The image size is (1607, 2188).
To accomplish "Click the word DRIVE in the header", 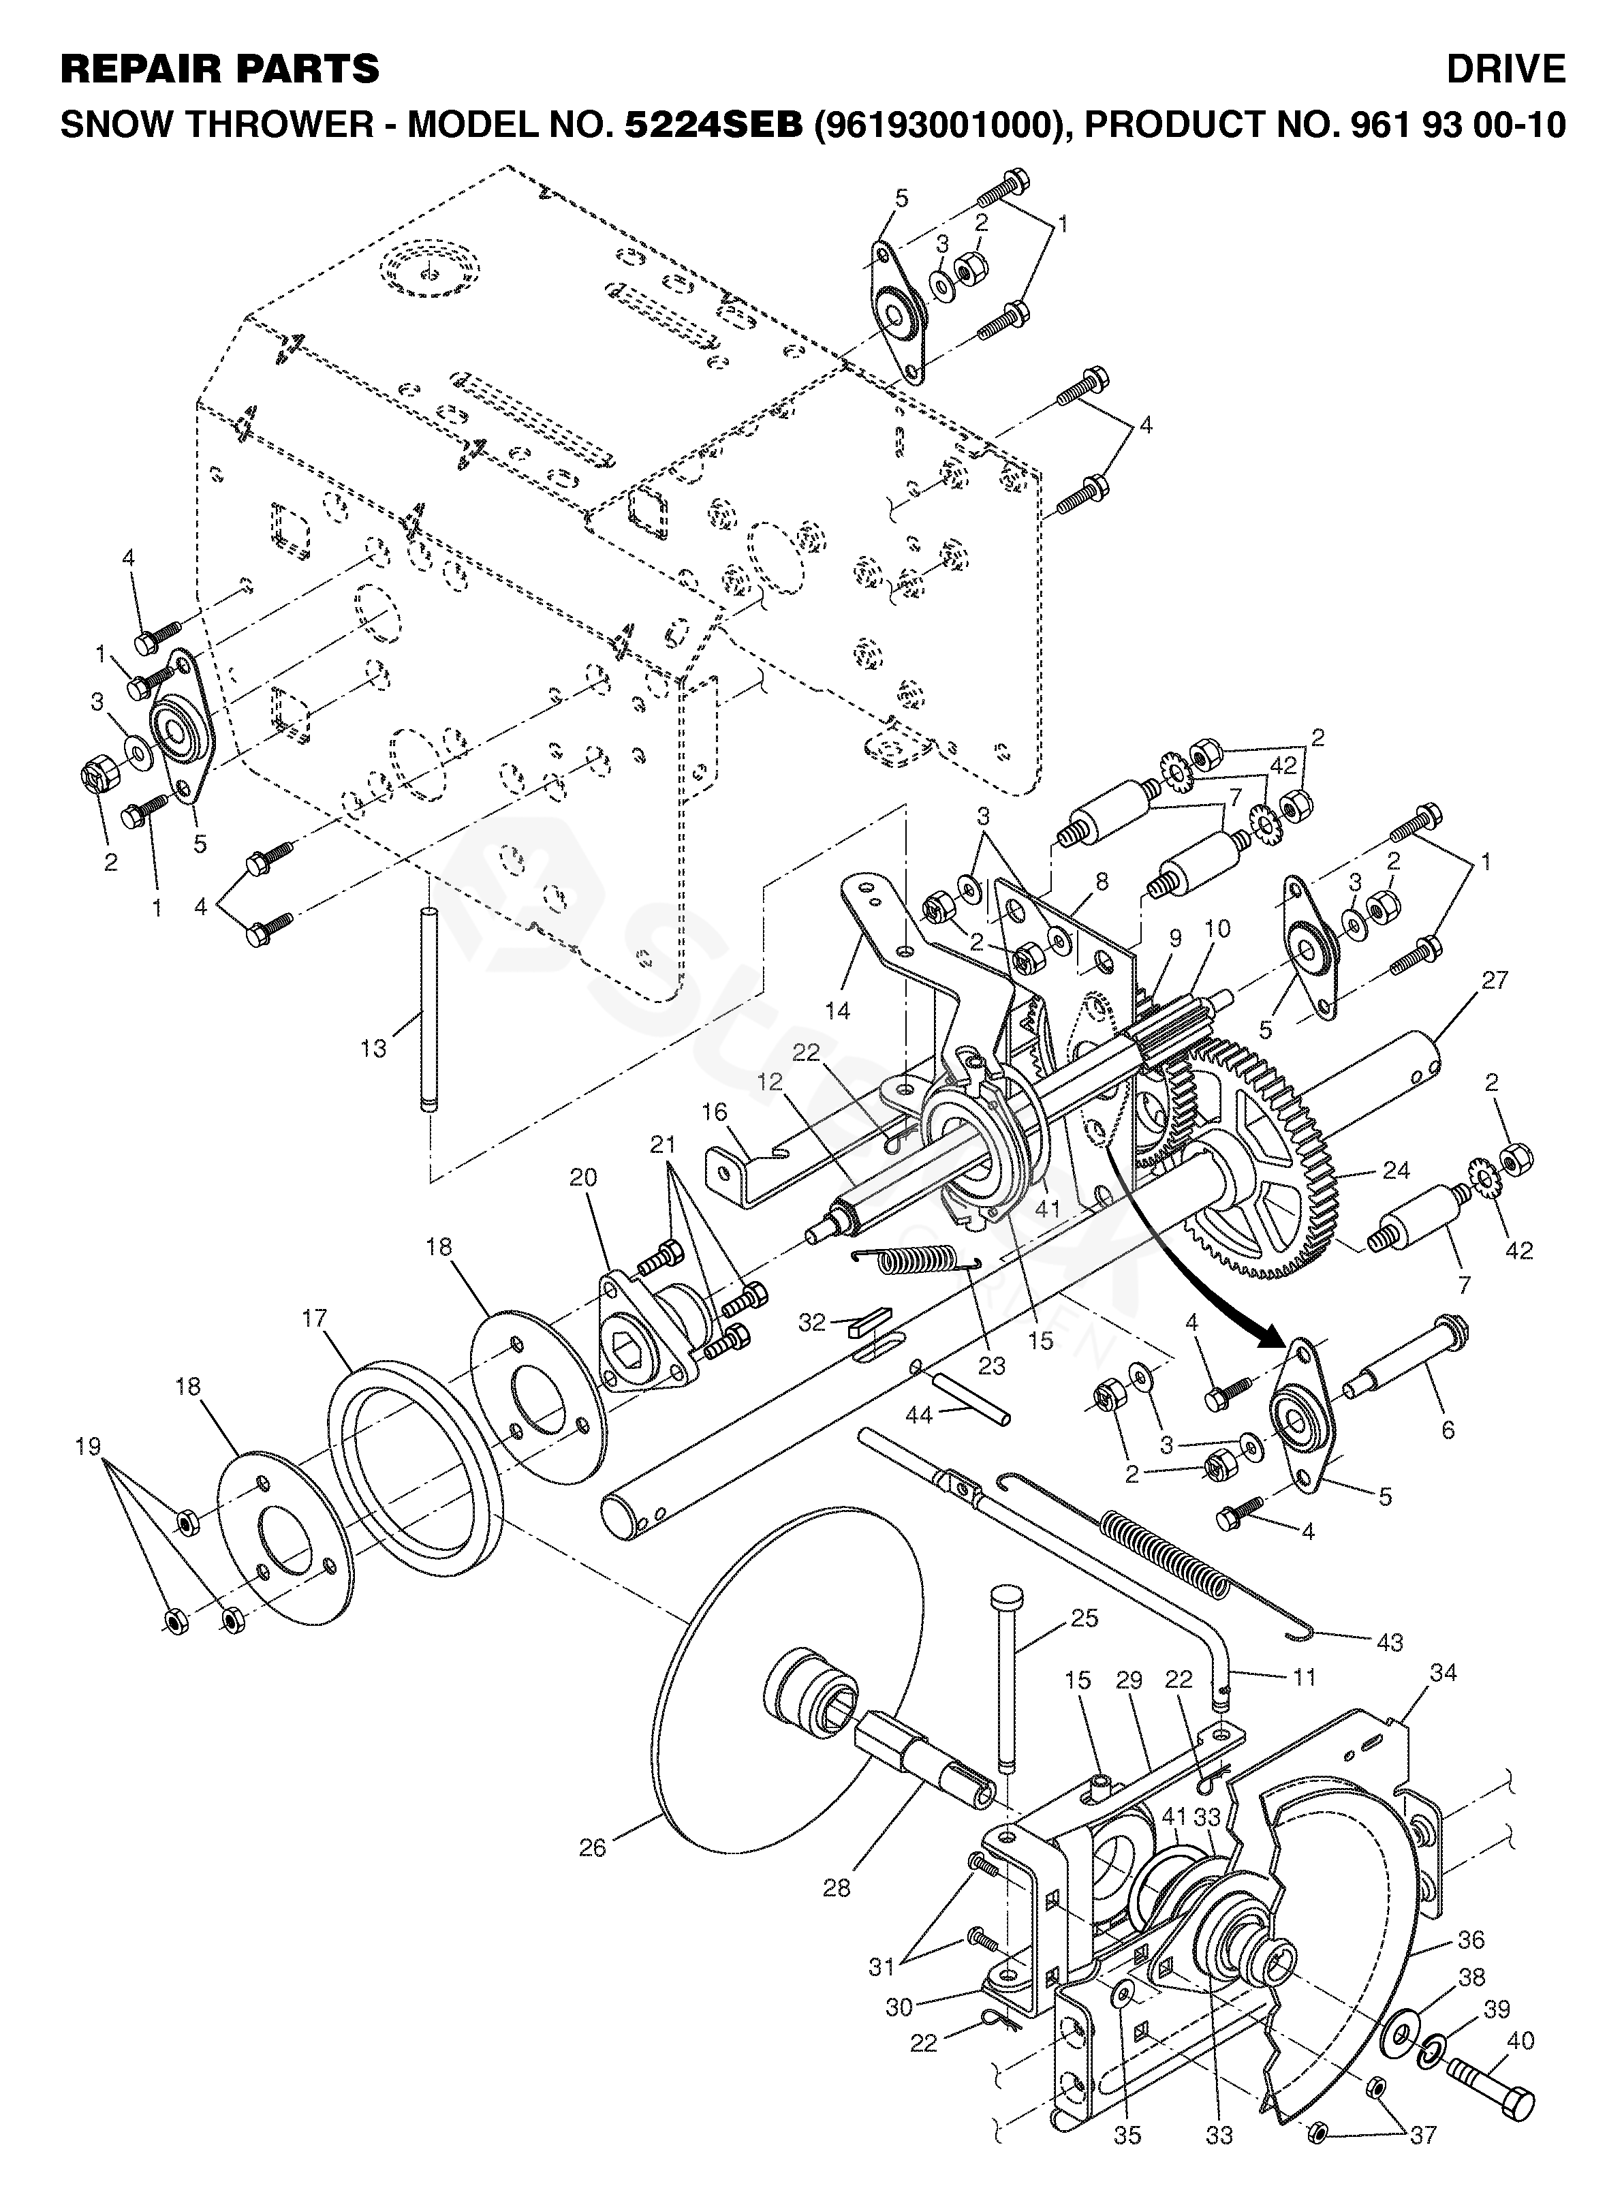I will coord(1505,69).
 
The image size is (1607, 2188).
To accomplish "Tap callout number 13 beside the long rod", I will coord(373,1048).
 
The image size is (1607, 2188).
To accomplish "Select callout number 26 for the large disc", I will coord(593,1847).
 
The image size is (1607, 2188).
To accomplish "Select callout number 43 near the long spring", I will coord(1390,1642).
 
